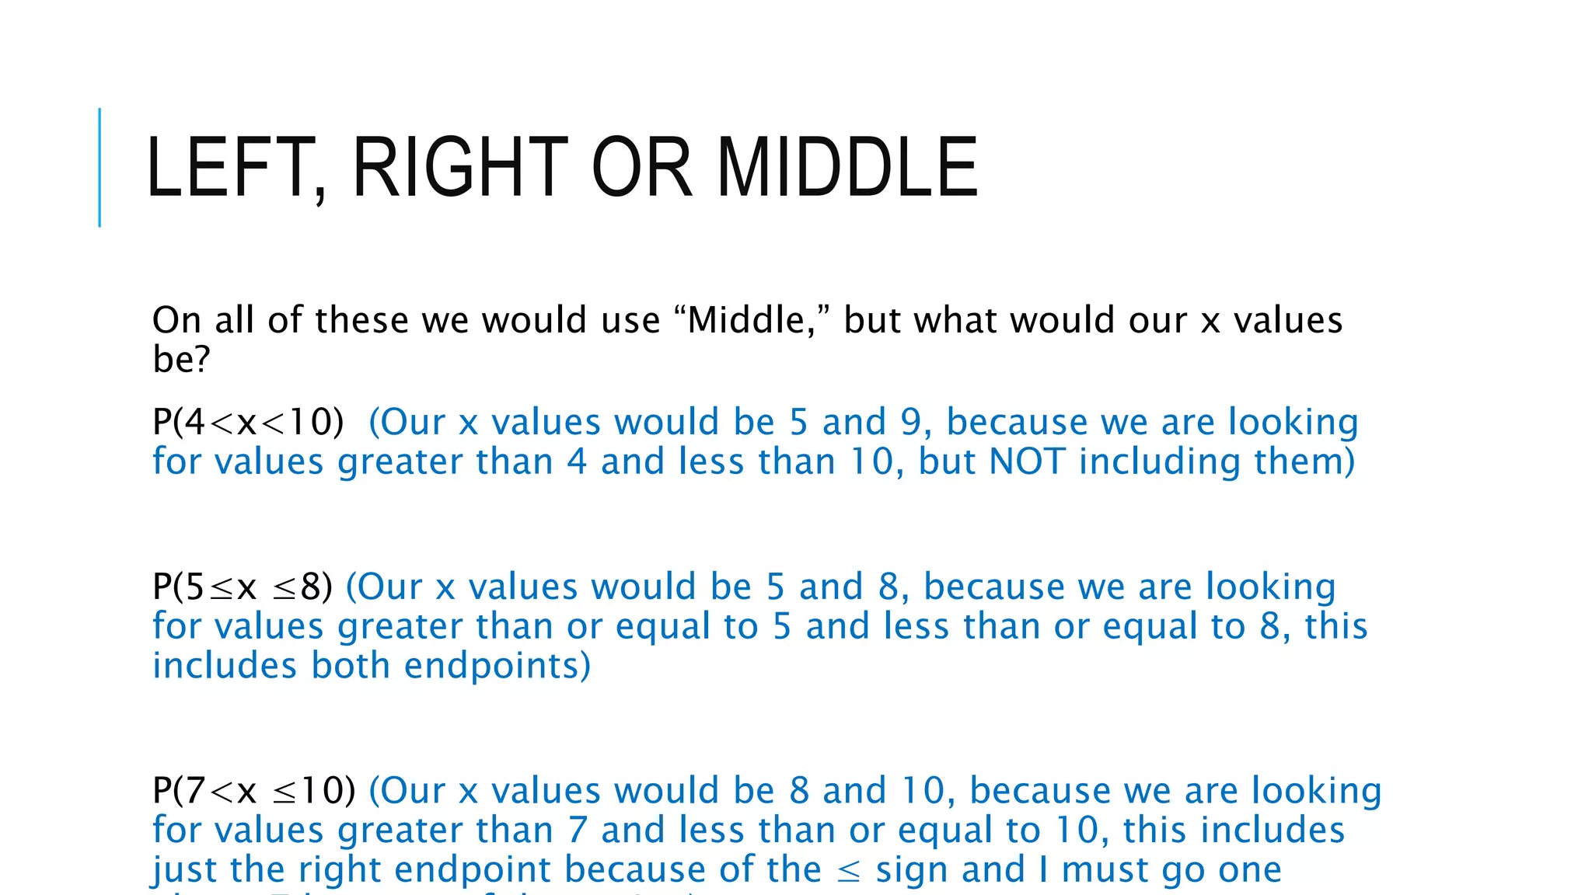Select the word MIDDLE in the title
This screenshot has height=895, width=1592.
coord(847,167)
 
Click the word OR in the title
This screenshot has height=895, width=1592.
coord(641,167)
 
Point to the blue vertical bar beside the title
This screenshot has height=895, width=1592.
coord(99,167)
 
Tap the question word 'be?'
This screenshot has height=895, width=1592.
coord(181,359)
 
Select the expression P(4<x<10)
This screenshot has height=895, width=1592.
coord(248,423)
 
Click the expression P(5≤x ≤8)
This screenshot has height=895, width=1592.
coord(242,587)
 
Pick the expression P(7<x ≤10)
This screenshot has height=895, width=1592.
coord(253,791)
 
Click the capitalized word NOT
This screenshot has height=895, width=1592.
coord(1026,461)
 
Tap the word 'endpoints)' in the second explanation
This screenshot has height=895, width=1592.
coord(497,667)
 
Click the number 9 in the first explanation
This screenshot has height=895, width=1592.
coord(911,423)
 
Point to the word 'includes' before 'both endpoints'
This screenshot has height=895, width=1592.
coord(225,667)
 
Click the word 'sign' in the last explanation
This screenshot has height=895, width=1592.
coord(911,870)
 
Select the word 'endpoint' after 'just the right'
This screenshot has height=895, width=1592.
coord(474,870)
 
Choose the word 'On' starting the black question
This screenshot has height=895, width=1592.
coord(176,320)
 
